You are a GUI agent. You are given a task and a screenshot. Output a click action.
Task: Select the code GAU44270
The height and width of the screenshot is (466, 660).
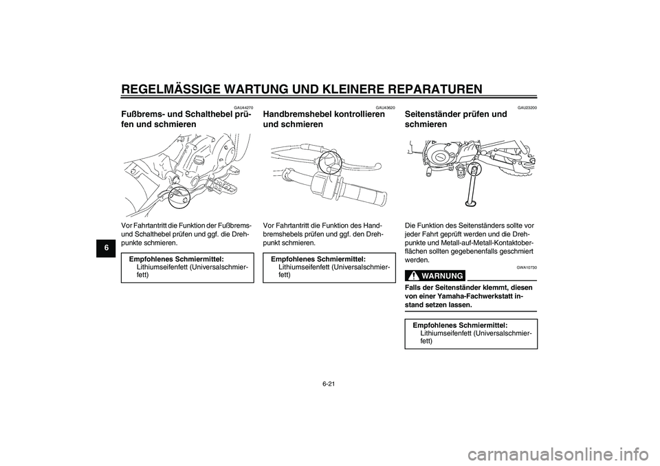[243, 107]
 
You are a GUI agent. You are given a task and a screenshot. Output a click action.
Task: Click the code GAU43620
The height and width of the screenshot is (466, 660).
[385, 107]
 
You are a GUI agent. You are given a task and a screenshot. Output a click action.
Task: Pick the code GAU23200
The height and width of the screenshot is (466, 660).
[527, 107]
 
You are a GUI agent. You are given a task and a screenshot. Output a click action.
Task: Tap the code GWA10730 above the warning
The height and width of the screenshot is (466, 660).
[527, 266]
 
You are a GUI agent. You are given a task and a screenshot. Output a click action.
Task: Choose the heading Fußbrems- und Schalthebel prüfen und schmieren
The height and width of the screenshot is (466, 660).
[185, 120]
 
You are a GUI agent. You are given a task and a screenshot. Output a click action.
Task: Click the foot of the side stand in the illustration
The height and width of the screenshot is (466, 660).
[470, 201]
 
